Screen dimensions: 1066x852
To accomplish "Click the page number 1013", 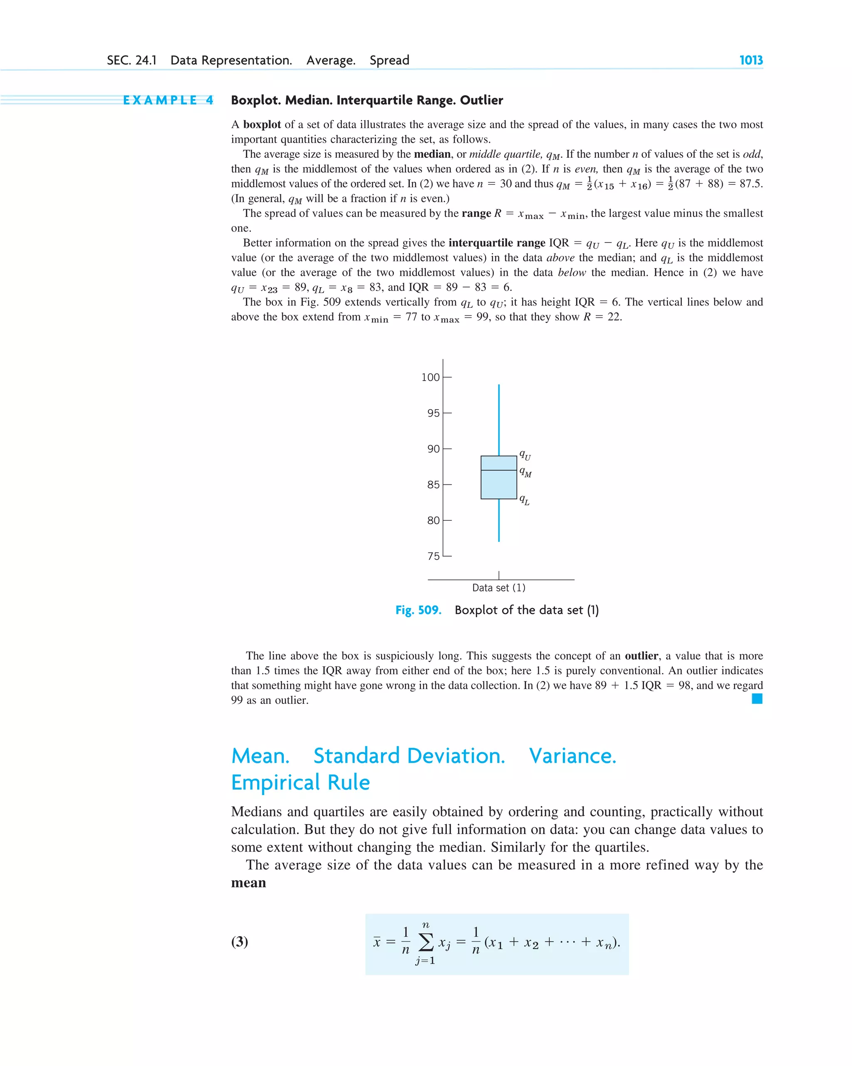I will point(750,60).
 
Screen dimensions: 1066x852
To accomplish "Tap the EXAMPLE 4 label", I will point(168,100).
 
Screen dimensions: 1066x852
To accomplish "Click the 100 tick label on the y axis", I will point(430,377).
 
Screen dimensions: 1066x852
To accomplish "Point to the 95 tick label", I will point(433,413).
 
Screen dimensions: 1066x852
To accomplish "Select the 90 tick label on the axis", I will point(433,449).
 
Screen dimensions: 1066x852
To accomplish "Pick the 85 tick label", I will point(433,485).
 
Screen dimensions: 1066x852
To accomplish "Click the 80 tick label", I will point(433,520).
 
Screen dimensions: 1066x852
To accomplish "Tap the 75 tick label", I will point(433,556).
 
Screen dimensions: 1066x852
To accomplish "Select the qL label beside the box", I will point(524,500).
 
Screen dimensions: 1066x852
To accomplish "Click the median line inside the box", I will point(499,470).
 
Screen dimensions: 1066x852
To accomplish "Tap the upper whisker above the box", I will point(499,420).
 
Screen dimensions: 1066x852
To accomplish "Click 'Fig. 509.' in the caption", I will point(418,610).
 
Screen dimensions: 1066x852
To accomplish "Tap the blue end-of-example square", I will point(757,698).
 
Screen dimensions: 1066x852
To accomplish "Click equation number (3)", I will point(240,942).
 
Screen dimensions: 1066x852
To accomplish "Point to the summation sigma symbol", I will point(426,942).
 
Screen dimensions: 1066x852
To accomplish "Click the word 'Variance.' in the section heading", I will point(572,756).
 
